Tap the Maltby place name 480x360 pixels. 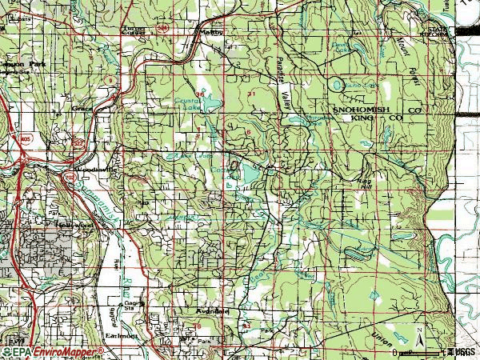click(210, 33)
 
